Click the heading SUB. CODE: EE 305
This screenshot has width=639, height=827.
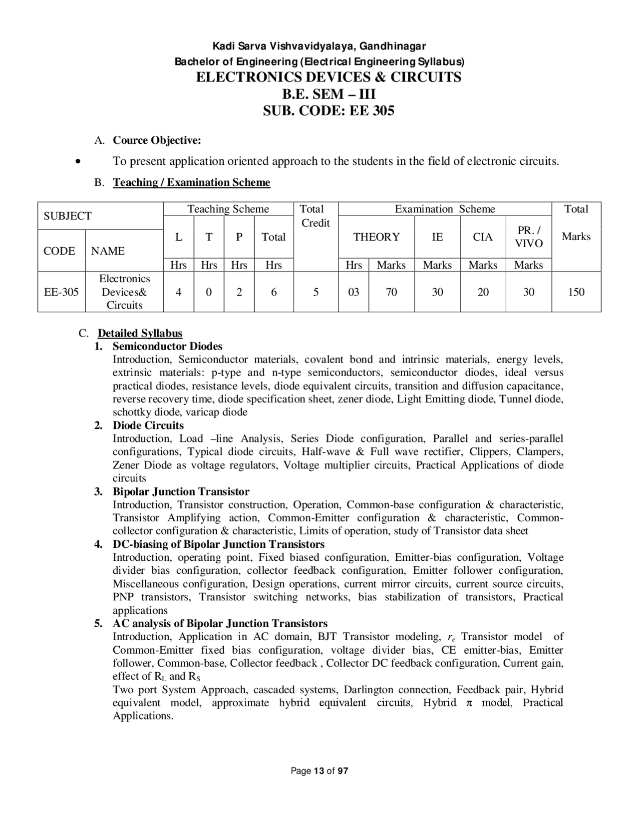pyautogui.click(x=328, y=110)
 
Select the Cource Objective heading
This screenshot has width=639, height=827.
pyautogui.click(x=157, y=140)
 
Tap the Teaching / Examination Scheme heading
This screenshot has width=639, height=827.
pyautogui.click(x=191, y=182)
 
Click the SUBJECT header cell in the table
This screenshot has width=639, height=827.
pyautogui.click(x=67, y=216)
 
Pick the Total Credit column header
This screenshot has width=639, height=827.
pyautogui.click(x=315, y=216)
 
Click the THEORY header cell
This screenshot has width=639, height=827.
pyautogui.click(x=376, y=237)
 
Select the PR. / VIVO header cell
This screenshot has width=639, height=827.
pyautogui.click(x=529, y=237)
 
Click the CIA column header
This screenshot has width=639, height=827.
pyautogui.click(x=483, y=237)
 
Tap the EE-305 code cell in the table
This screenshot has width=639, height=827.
pyautogui.click(x=61, y=292)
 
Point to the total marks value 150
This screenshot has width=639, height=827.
pyautogui.click(x=576, y=292)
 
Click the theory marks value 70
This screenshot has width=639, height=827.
pyautogui.click(x=391, y=292)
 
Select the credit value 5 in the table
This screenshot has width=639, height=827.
pyautogui.click(x=316, y=292)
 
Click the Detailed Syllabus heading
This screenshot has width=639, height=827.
pyautogui.click(x=140, y=333)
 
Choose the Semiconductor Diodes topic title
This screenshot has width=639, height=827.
pyautogui.click(x=167, y=346)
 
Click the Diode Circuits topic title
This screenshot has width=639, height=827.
pyautogui.click(x=148, y=425)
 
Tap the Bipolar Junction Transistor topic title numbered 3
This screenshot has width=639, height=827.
pyautogui.click(x=181, y=491)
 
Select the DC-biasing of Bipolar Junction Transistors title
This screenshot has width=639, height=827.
pyautogui.click(x=218, y=544)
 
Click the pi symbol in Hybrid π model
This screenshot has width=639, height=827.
pyautogui.click(x=469, y=703)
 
